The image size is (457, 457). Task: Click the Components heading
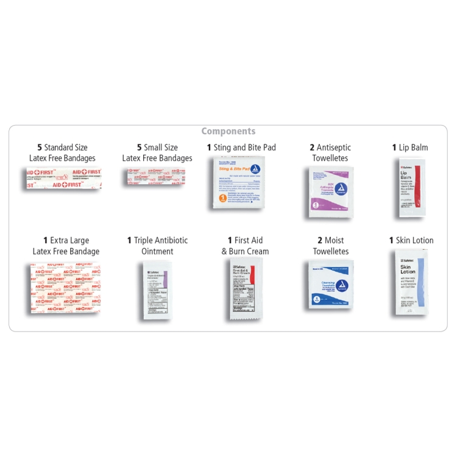point(228,131)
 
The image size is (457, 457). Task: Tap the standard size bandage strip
point(63,178)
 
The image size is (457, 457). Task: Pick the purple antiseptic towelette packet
point(331,192)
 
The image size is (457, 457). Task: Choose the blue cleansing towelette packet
point(330,283)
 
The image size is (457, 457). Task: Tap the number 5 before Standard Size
point(40,147)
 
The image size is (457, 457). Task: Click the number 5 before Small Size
point(139,147)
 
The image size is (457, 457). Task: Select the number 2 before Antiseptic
point(312,147)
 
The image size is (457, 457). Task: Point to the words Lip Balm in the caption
point(414,147)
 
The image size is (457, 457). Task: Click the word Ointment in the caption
point(157,251)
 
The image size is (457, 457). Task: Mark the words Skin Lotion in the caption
point(414,241)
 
